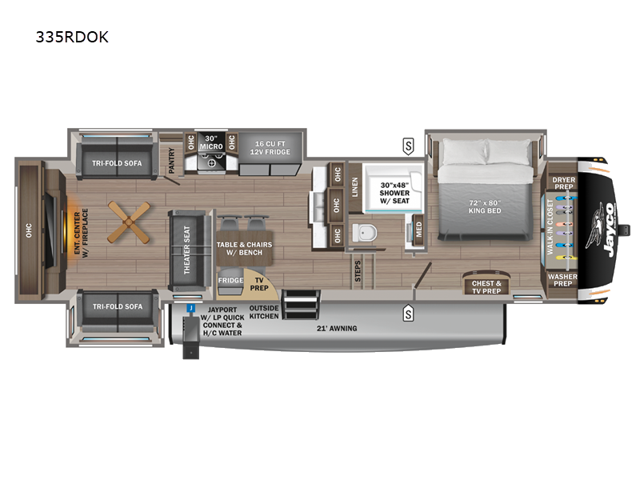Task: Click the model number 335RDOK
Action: (72, 37)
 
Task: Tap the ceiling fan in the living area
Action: (129, 222)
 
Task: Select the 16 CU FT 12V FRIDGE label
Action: (270, 148)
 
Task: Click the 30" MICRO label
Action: (211, 142)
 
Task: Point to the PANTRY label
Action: (171, 161)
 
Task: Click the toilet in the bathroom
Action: (364, 233)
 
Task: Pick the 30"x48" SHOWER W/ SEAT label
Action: (394, 193)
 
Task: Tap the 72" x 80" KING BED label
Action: (485, 206)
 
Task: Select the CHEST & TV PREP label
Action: (486, 287)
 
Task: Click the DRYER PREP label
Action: (564, 183)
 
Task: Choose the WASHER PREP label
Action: (562, 280)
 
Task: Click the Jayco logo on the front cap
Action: (602, 230)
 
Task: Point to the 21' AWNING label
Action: (337, 328)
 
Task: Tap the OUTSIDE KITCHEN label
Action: (264, 312)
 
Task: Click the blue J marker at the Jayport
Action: (190, 308)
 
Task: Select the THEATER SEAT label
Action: (186, 250)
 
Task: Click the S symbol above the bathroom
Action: (408, 146)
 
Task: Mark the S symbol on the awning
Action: (408, 314)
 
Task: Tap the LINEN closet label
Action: (354, 187)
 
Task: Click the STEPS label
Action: (358, 271)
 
